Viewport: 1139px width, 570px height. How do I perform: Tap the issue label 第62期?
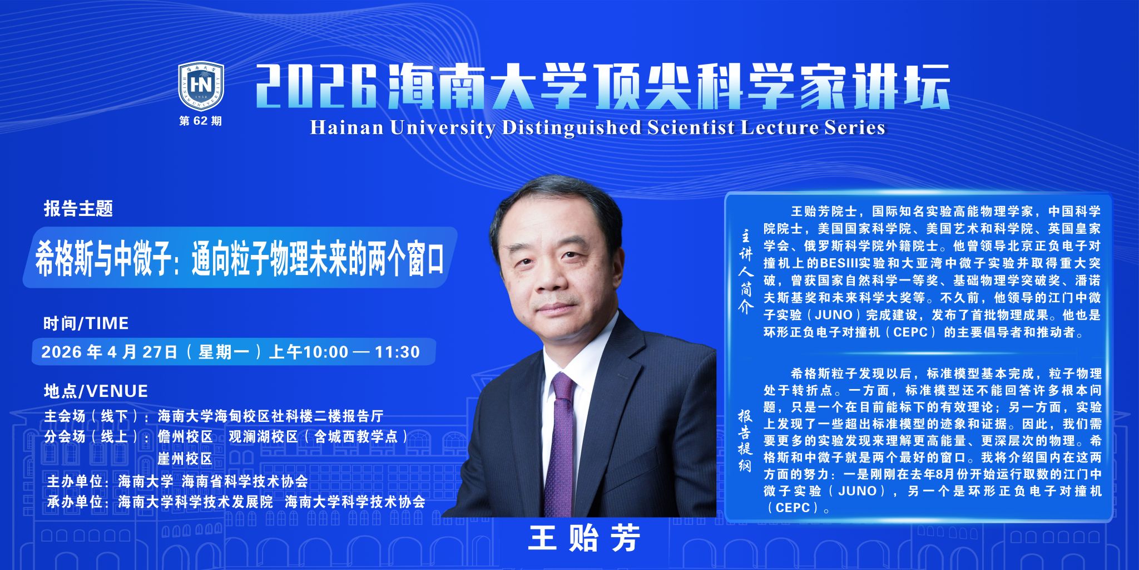click(200, 121)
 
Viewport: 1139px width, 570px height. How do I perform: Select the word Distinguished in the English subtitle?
click(571, 128)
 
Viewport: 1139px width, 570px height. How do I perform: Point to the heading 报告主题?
click(78, 209)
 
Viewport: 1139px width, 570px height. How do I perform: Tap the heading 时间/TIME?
click(86, 323)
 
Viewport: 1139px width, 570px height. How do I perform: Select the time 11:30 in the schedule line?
click(397, 352)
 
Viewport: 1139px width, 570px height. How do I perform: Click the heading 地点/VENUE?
click(96, 391)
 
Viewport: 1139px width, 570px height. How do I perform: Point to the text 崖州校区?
click(185, 459)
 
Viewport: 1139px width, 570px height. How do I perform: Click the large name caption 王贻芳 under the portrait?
click(584, 538)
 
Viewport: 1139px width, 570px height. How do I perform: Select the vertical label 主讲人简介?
click(745, 272)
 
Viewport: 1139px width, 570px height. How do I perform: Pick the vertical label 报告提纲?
click(745, 441)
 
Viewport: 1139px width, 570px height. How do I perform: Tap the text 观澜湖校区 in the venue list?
click(264, 437)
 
